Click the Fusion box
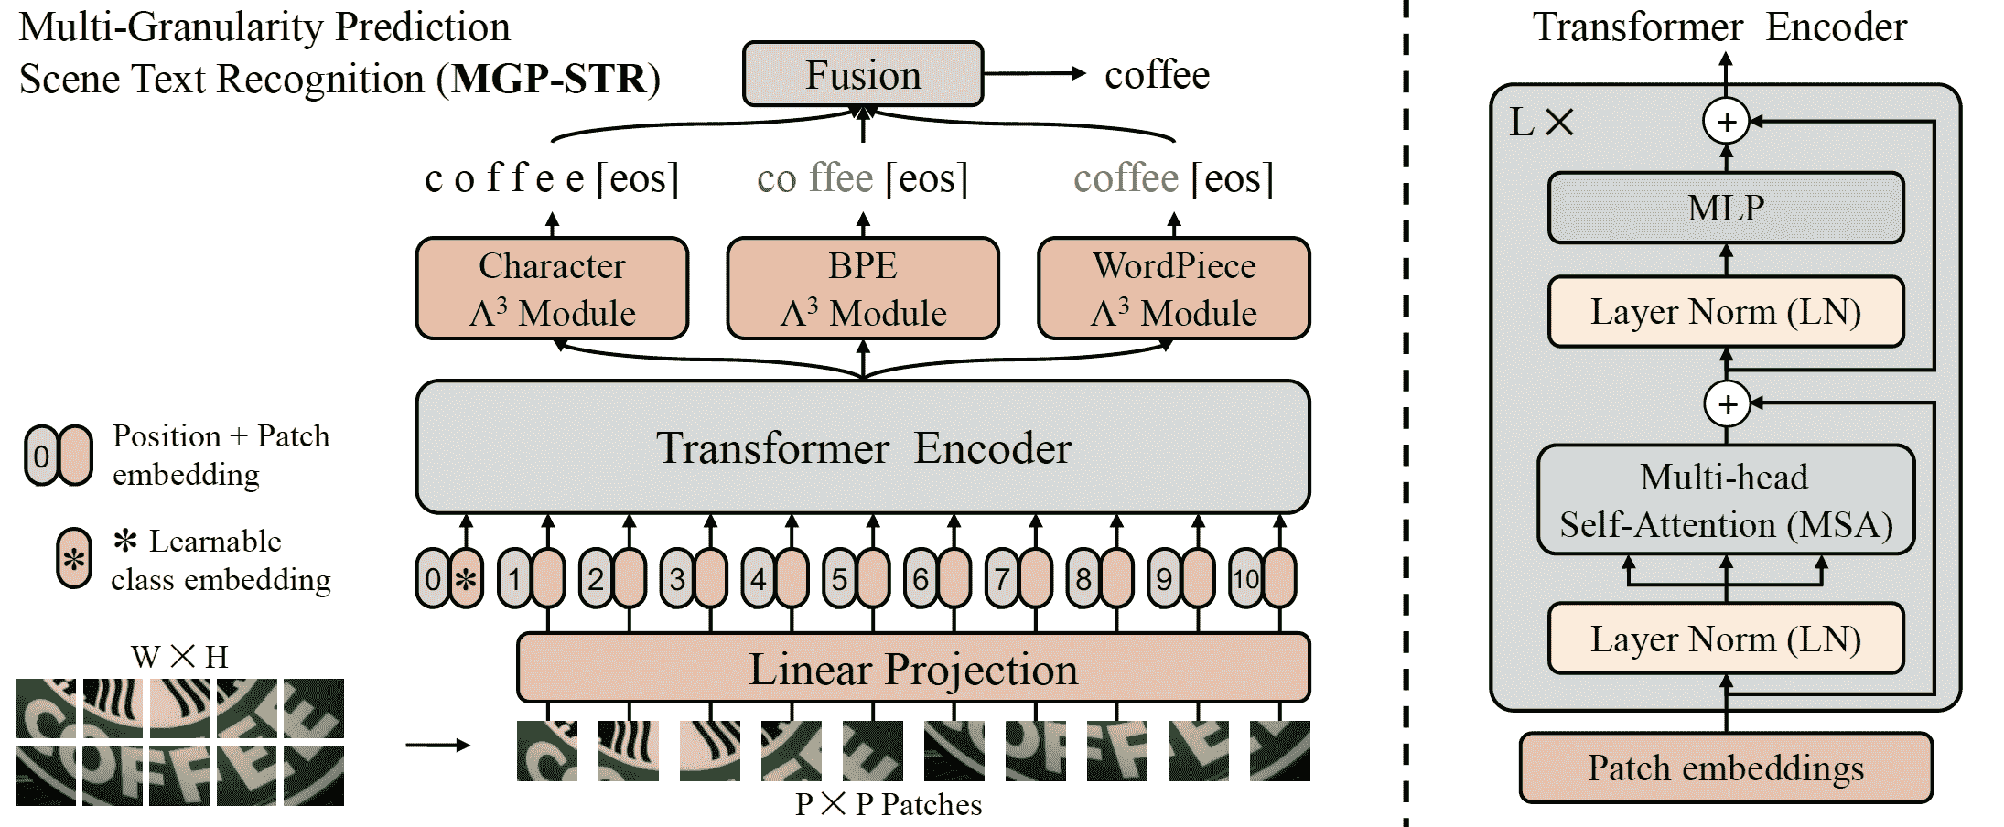coord(863,74)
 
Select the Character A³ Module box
coord(552,288)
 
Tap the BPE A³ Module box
coord(863,288)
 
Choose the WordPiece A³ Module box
coord(1174,288)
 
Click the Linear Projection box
coord(913,669)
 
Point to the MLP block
coord(1726,208)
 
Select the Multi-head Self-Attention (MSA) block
coord(1726,500)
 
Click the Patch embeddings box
coord(1726,768)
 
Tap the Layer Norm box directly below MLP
coord(1726,312)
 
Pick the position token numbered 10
coord(1245,578)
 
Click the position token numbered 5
coord(839,578)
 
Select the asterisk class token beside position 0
coord(467,578)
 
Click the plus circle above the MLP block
coord(1726,122)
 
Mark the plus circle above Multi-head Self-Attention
coord(1727,403)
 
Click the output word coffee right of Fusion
coord(1157,75)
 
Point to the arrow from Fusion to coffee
coord(1034,74)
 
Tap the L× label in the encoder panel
coord(1541,122)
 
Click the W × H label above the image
coord(179,656)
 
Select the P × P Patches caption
coord(888,804)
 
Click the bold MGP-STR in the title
coord(549,79)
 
